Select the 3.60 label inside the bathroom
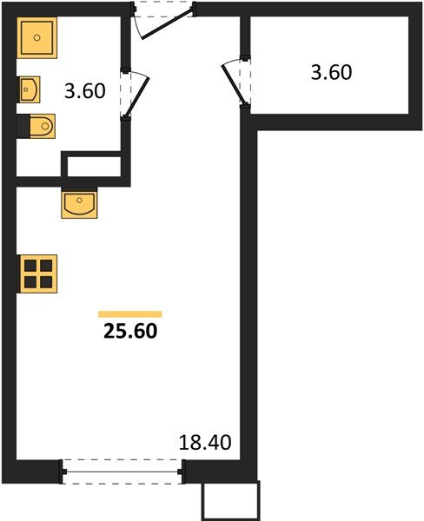coord(84,89)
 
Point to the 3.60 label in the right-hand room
coord(331,71)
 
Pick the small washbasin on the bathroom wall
coord(30,88)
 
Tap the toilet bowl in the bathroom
coord(42,127)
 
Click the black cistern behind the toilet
coord(23,127)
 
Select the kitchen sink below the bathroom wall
coord(80,205)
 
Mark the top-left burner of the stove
coord(30,266)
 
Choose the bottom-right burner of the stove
coord(45,281)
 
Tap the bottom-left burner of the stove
coord(30,281)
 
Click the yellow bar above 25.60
coord(130,313)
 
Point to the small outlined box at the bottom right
coord(231,501)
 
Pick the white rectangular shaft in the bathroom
coord(92,166)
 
